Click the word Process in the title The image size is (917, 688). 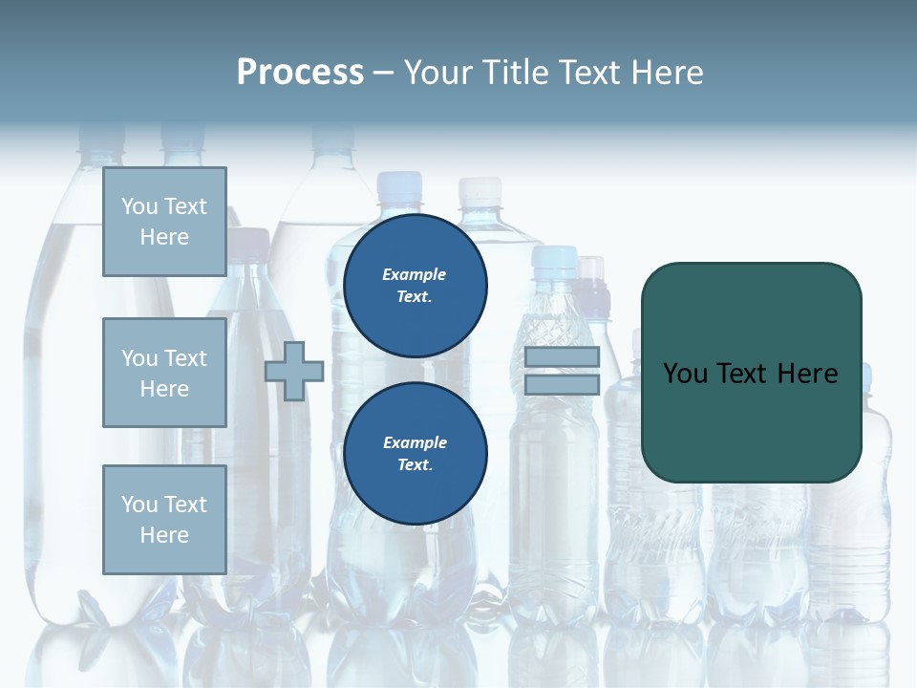click(300, 73)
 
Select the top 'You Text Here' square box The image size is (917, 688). click(164, 222)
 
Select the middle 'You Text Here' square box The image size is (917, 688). click(164, 373)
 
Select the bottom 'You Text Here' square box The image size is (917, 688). click(164, 520)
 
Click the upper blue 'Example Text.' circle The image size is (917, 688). click(415, 286)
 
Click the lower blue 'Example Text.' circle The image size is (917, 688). click(415, 454)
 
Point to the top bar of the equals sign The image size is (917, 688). click(562, 357)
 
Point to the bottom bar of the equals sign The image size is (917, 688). click(562, 384)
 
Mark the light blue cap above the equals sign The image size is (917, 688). click(555, 258)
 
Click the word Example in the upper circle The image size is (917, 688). click(415, 274)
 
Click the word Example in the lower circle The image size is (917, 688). click(415, 442)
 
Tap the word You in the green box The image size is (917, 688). click(685, 374)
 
